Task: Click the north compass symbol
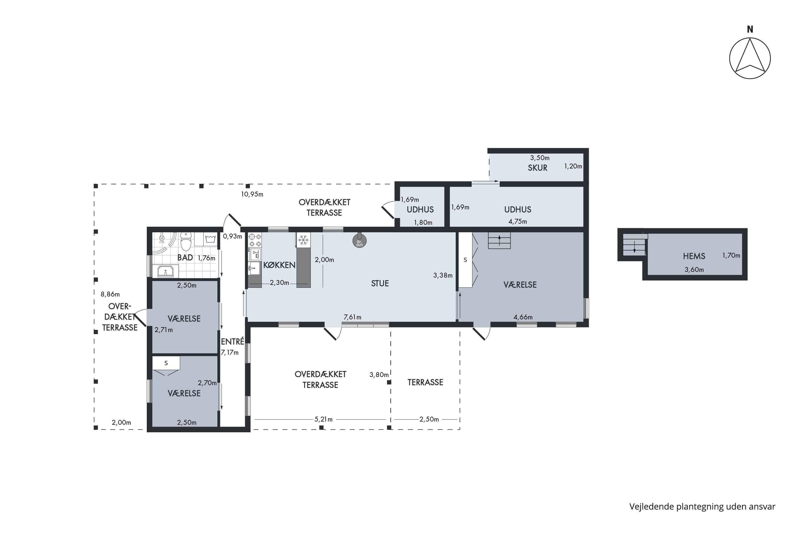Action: [x=750, y=58]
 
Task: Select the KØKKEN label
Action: [x=279, y=265]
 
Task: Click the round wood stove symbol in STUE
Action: [x=359, y=241]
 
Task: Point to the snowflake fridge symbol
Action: [x=303, y=240]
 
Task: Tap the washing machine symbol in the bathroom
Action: [x=210, y=239]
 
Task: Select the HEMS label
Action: [x=694, y=256]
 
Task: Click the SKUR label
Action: [x=538, y=168]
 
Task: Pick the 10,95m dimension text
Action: [x=252, y=194]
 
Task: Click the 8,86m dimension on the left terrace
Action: [x=110, y=294]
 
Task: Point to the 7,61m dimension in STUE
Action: [x=352, y=317]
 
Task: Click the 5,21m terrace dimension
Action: [x=323, y=419]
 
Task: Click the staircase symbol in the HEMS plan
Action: [x=635, y=245]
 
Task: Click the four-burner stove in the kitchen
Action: [x=255, y=240]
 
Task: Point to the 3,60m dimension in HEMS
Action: [x=694, y=270]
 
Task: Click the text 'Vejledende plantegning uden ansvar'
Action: [x=702, y=507]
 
